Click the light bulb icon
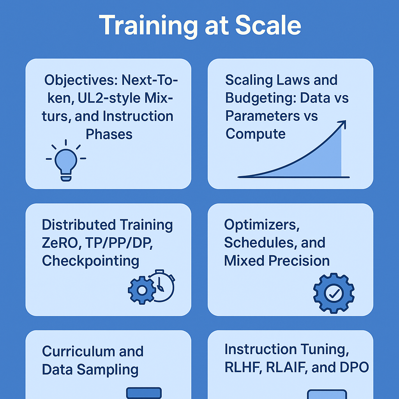tap(66, 160)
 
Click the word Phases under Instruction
tap(109, 134)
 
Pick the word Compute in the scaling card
tap(256, 134)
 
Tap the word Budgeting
tap(261, 98)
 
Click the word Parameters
tap(263, 116)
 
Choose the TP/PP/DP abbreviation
tap(119, 243)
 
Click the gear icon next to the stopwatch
tap(142, 290)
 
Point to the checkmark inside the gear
tap(334, 293)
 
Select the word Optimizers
tap(262, 225)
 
